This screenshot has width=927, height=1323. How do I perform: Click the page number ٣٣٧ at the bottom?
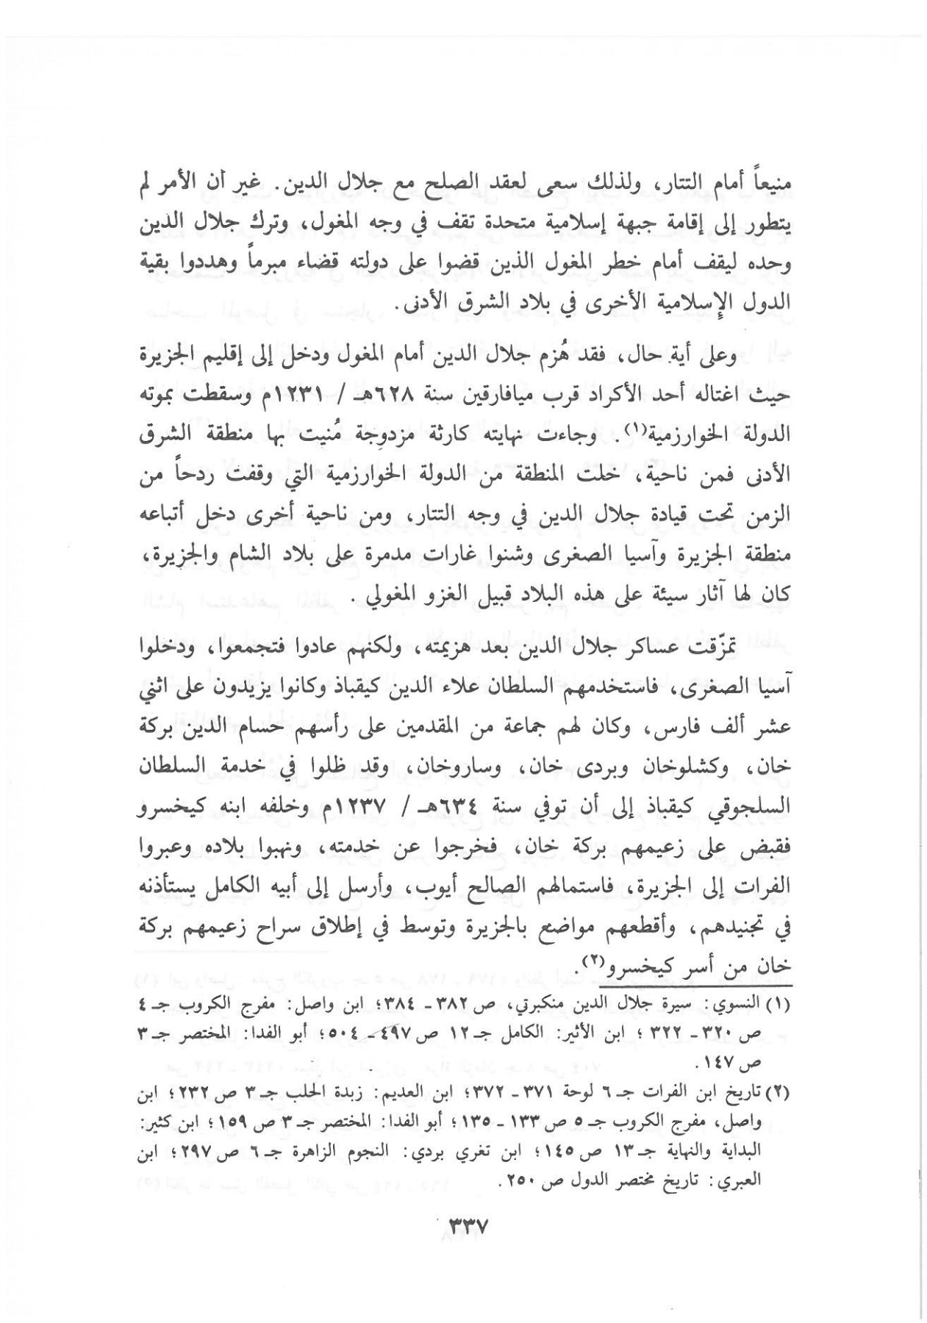[468, 1227]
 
